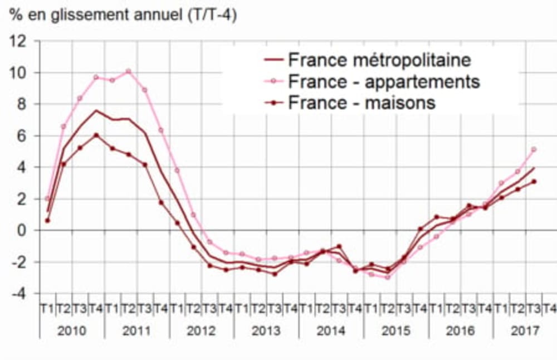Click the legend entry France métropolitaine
(379, 60)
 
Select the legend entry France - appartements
(384, 81)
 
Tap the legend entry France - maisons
(361, 103)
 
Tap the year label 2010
(72, 330)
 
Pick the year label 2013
(266, 330)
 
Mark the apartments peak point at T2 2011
(128, 71)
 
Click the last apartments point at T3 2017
(534, 149)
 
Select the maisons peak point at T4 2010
(96, 135)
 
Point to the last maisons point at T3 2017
(534, 181)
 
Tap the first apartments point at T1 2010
(47, 198)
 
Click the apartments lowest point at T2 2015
(387, 277)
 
